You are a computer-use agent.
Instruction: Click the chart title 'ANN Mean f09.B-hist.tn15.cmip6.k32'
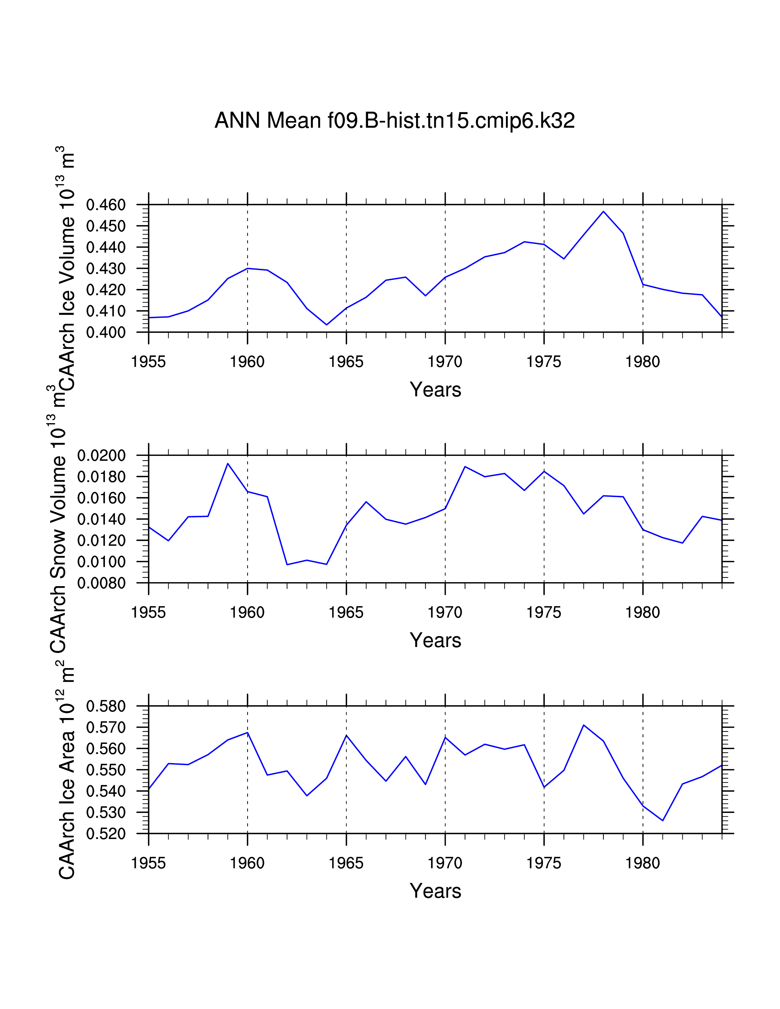[395, 120]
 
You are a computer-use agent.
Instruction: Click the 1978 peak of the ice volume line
[603, 212]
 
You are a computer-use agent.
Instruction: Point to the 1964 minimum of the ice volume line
[326, 325]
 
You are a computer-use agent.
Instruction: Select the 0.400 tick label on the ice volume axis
[106, 333]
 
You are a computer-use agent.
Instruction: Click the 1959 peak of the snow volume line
[228, 464]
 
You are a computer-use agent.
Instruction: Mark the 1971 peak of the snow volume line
[465, 467]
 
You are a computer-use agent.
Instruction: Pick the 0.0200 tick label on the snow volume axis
[101, 456]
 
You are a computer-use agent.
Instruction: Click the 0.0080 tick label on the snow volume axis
[101, 583]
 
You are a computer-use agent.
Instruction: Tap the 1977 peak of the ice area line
[584, 725]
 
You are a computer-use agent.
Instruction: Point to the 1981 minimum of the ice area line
[663, 821]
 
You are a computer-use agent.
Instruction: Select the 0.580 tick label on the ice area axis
[106, 706]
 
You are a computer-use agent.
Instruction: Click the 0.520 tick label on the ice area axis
[106, 834]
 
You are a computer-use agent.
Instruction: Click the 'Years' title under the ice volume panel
[435, 390]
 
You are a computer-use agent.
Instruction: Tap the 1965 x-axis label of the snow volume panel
[346, 613]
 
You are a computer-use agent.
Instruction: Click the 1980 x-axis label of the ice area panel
[643, 863]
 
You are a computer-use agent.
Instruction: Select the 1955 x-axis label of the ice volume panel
[148, 362]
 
